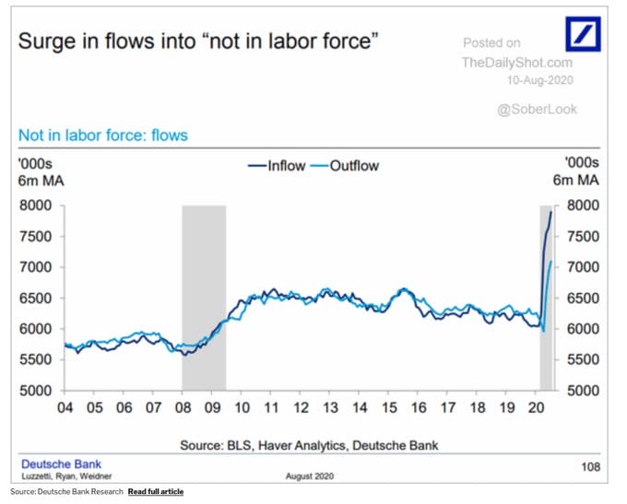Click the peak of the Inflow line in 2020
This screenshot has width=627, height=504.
pyautogui.click(x=551, y=212)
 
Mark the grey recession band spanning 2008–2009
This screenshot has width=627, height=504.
pyautogui.click(x=204, y=295)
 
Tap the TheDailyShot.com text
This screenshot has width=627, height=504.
pyautogui.click(x=516, y=63)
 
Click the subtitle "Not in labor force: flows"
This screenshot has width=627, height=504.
pyautogui.click(x=103, y=135)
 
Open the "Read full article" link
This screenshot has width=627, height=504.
pyautogui.click(x=155, y=492)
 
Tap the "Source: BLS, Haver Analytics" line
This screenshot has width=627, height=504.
pyautogui.click(x=308, y=445)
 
